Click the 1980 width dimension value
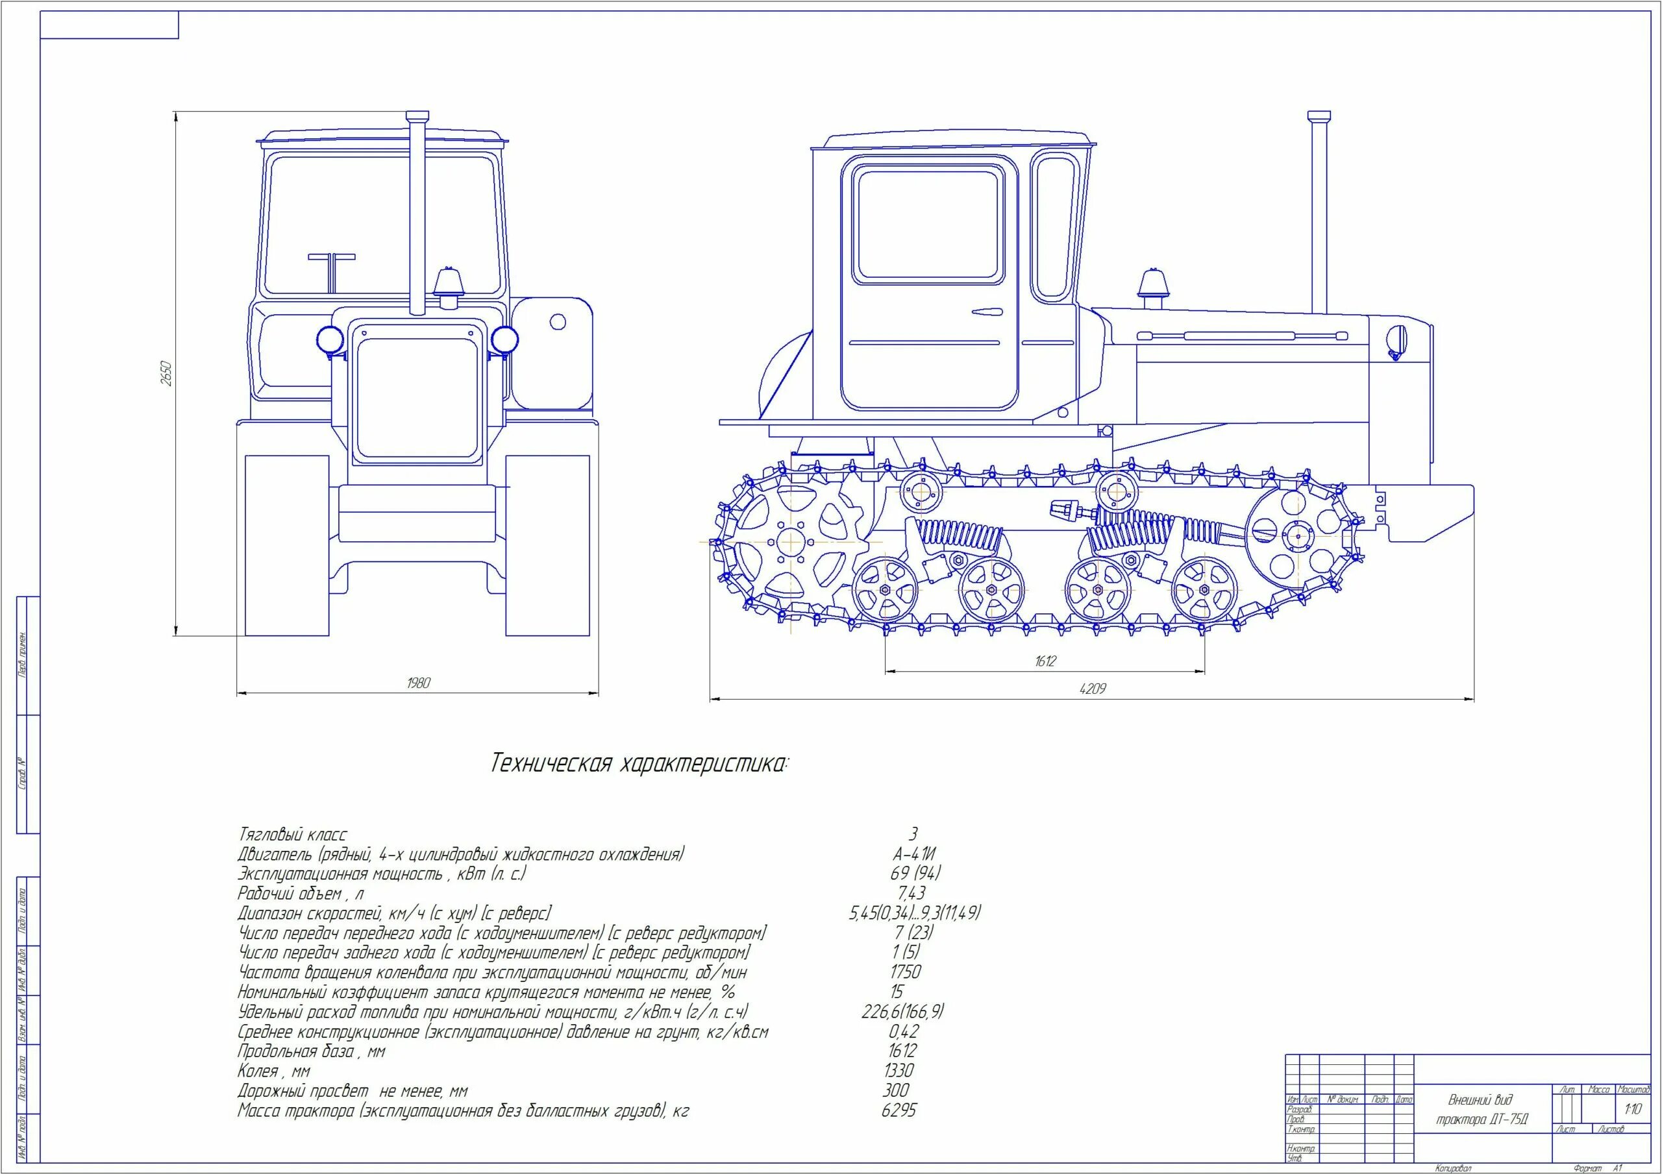click(x=418, y=683)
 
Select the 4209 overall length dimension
click(x=1093, y=689)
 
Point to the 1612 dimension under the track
click(x=1045, y=661)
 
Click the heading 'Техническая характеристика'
click(x=641, y=764)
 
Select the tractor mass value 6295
click(x=899, y=1110)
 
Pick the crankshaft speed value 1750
click(x=906, y=972)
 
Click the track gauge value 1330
click(x=899, y=1071)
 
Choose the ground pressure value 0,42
click(x=902, y=1031)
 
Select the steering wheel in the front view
click(x=332, y=257)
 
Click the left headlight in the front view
click(x=329, y=338)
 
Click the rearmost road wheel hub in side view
click(x=885, y=590)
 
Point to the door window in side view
click(x=927, y=225)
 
